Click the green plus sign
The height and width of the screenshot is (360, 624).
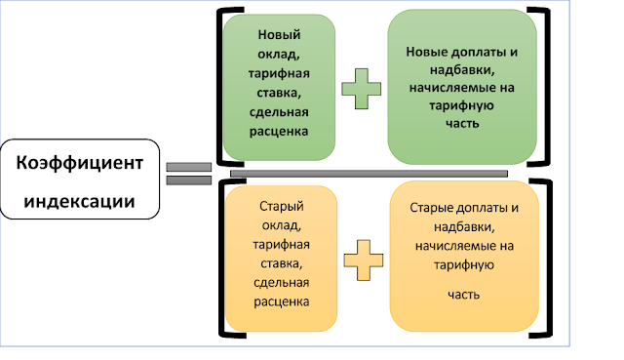362,88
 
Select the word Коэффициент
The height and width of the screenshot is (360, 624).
86,163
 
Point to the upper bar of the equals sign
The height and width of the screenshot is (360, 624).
189,167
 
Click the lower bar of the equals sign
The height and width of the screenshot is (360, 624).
189,180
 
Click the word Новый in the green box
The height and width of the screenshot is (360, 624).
278,35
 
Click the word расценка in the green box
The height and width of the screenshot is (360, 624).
279,130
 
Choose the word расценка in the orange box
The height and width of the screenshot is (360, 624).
282,301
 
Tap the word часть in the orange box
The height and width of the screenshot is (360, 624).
464,293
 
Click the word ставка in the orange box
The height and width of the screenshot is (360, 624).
282,263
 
